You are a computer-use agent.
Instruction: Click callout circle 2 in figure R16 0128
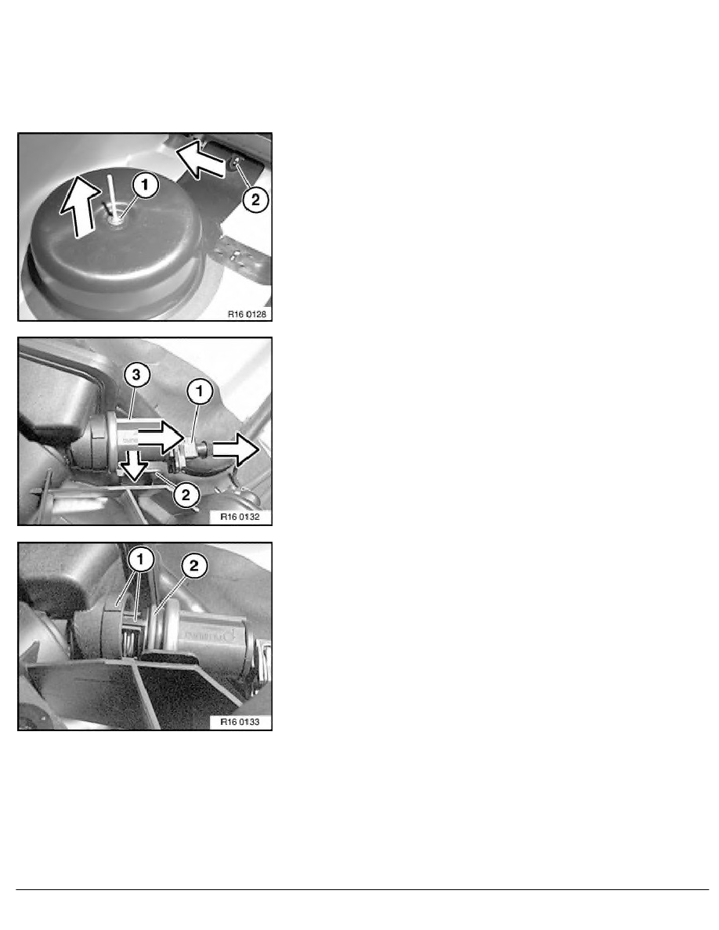tap(255, 199)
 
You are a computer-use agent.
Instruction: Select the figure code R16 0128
tap(247, 312)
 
